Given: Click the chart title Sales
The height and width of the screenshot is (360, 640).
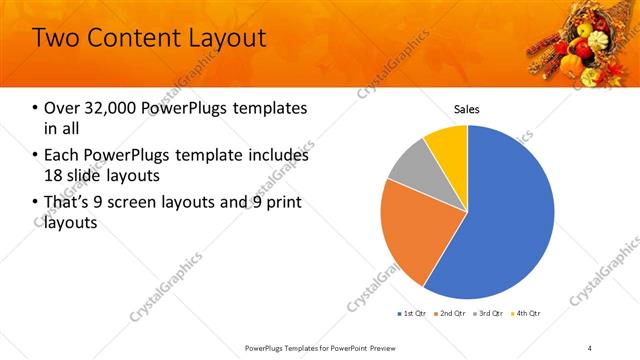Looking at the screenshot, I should click(467, 109).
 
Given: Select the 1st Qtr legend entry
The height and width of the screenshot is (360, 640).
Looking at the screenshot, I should click(414, 313).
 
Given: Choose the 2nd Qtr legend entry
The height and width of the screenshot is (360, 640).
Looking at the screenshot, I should click(453, 313).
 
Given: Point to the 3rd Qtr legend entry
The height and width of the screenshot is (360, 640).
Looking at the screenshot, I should click(490, 313).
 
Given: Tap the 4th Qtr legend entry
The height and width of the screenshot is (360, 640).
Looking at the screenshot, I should click(528, 313).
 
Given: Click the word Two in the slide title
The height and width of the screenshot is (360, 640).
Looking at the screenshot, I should click(55, 38).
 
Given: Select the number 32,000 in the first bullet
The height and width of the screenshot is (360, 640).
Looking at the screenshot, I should click(107, 107).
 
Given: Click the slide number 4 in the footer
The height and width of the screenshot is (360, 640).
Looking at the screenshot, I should click(590, 348).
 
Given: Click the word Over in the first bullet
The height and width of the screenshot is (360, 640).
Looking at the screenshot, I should click(61, 107).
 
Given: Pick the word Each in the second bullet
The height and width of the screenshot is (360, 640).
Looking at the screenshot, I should click(61, 155).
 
